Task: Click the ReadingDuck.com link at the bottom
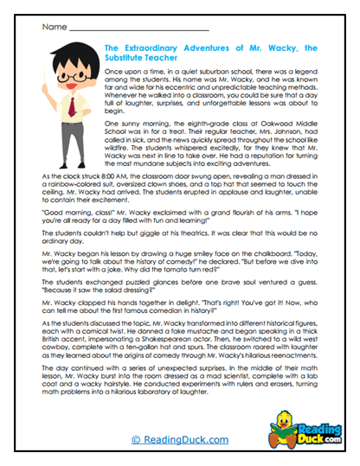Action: tap(179, 440)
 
